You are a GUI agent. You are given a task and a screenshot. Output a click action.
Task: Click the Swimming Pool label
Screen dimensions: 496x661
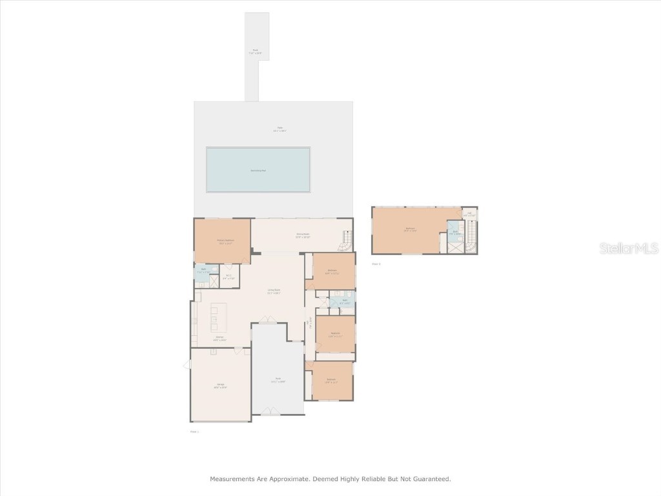pyautogui.click(x=258, y=170)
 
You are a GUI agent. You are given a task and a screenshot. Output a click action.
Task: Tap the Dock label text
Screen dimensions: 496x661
pyautogui.click(x=256, y=51)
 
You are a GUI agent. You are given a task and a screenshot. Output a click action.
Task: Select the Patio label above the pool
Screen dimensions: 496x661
pyautogui.click(x=281, y=129)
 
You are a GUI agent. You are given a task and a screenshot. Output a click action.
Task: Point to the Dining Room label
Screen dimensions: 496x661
pyautogui.click(x=303, y=236)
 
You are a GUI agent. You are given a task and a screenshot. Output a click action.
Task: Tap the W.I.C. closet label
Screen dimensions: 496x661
pyautogui.click(x=229, y=276)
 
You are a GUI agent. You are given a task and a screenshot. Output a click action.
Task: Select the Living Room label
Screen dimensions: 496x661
pyautogui.click(x=274, y=291)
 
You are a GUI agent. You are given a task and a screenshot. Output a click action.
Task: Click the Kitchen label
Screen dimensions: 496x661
pyautogui.click(x=220, y=338)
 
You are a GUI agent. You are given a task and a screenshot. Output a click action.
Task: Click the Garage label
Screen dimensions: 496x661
pyautogui.click(x=220, y=386)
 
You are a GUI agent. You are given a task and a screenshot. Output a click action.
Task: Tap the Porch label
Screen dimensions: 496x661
pyautogui.click(x=278, y=380)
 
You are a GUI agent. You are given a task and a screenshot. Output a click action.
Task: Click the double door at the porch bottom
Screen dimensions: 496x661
pyautogui.click(x=270, y=410)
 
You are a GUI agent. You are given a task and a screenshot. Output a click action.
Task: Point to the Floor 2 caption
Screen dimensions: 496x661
pyautogui.click(x=376, y=263)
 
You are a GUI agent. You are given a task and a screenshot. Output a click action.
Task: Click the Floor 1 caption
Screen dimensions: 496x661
pyautogui.click(x=194, y=431)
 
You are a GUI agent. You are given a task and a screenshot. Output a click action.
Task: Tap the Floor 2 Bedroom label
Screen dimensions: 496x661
pyautogui.click(x=410, y=229)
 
